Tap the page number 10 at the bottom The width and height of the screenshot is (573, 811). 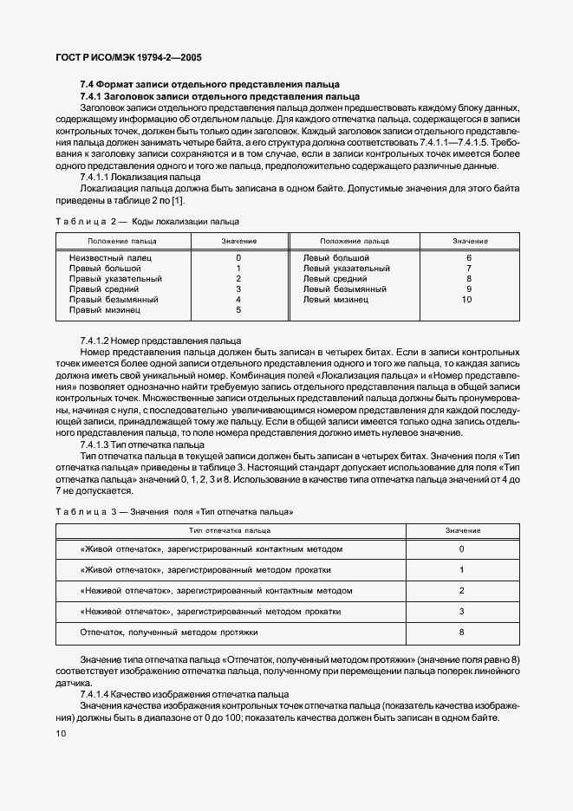point(59,733)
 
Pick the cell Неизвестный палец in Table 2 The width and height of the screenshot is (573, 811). point(110,257)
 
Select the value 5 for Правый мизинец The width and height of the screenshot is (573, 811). point(238,309)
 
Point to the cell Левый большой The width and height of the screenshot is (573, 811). point(336,257)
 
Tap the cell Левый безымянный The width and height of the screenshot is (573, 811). point(344,289)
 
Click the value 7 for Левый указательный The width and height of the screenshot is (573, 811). point(468,268)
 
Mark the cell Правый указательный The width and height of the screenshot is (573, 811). point(115,278)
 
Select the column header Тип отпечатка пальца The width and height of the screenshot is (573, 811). point(230,529)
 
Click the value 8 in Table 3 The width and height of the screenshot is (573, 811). point(461,633)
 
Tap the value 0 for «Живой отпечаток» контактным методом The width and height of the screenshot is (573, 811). point(461,549)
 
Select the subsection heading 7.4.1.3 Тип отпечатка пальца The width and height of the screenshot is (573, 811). point(142,444)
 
